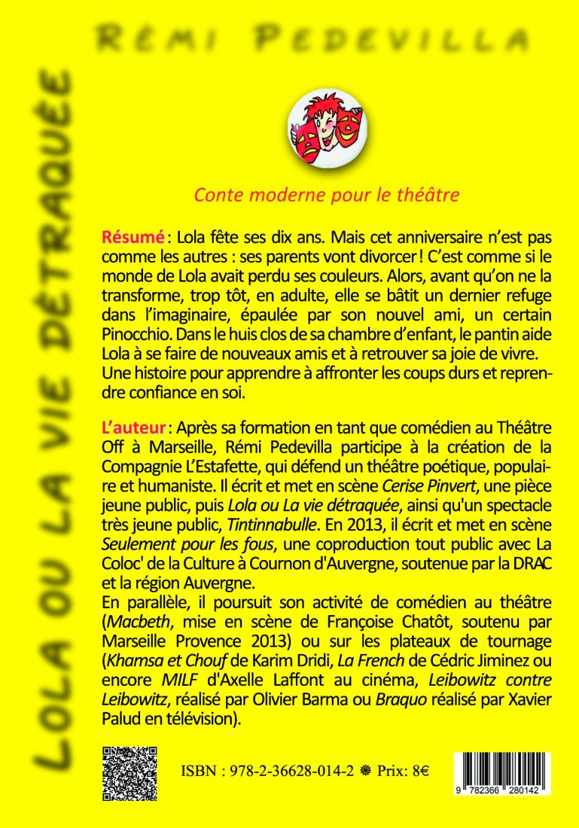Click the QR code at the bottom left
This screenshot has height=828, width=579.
pos(130,774)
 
